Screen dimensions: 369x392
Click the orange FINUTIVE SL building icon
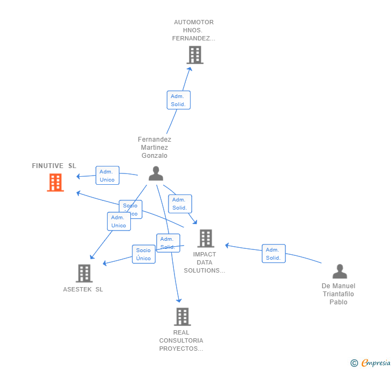(x=55, y=183)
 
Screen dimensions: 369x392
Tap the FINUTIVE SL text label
(x=54, y=166)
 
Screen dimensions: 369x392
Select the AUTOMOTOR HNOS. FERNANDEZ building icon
(x=194, y=55)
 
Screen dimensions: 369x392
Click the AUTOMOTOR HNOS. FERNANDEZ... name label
(x=194, y=30)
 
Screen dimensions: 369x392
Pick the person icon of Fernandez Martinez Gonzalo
(x=156, y=173)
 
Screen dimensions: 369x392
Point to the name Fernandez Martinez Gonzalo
(x=155, y=148)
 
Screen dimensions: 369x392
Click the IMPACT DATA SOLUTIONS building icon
(x=205, y=238)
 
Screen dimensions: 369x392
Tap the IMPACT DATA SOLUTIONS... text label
(x=205, y=262)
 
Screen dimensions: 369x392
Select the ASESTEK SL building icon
(x=83, y=273)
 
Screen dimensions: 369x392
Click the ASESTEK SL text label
(x=83, y=289)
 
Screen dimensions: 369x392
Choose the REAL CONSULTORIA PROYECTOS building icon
(x=182, y=316)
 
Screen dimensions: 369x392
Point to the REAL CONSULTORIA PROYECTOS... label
(x=181, y=340)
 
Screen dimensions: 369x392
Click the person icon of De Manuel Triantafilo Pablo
(x=339, y=271)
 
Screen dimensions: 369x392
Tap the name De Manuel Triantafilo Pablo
(x=339, y=294)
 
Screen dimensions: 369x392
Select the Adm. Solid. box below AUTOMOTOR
(x=178, y=100)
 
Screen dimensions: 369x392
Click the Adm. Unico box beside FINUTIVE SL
(x=107, y=176)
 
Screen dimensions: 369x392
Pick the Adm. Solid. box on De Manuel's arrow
(x=274, y=254)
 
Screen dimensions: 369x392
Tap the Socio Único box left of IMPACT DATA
(x=144, y=254)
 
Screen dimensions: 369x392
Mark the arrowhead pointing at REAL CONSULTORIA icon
(x=179, y=300)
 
